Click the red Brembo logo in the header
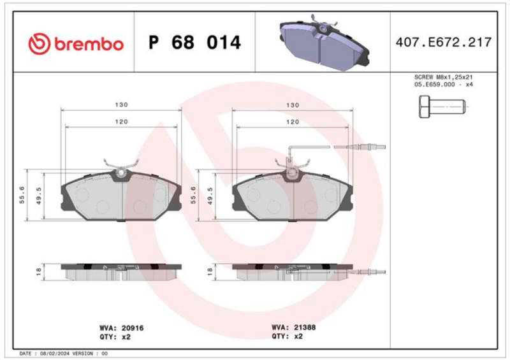point(76,43)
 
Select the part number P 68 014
point(194,43)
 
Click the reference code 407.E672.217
point(443,42)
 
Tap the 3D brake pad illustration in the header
point(324,42)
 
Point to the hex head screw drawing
point(442,106)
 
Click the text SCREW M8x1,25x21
point(443,77)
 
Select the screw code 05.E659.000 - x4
point(443,85)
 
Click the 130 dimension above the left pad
point(121,104)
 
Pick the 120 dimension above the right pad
point(293,122)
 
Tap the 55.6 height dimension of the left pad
point(22,195)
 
